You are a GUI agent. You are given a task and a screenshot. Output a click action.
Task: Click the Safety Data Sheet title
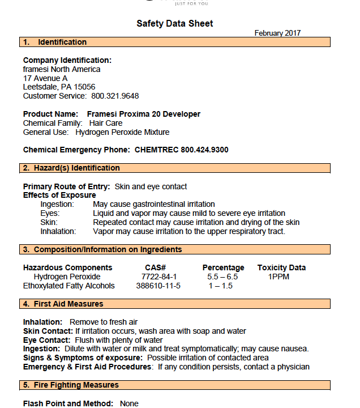[175, 23]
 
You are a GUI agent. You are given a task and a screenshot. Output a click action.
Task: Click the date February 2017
[277, 33]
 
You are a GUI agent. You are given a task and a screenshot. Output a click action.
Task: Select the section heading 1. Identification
[55, 42]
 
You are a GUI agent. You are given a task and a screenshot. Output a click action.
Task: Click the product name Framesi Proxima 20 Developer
[144, 114]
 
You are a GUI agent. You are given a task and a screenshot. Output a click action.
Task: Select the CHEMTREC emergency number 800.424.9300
[205, 150]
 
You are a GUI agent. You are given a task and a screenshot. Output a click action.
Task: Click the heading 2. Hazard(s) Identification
[71, 168]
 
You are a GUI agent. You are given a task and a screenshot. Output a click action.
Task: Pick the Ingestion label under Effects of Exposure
[57, 204]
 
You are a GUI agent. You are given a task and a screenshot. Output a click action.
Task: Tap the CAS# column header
[155, 267]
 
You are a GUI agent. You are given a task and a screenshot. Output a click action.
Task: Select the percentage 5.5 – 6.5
[222, 277]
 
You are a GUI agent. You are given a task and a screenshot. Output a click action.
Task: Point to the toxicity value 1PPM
[278, 277]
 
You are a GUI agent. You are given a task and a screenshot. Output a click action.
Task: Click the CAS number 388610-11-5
[158, 286]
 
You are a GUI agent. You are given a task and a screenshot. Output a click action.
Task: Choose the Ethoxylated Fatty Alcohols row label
[69, 286]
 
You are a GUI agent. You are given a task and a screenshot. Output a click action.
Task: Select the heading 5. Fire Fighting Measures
[71, 385]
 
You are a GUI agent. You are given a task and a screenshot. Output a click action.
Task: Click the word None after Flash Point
[129, 403]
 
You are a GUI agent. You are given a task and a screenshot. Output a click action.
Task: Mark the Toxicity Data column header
[281, 267]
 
